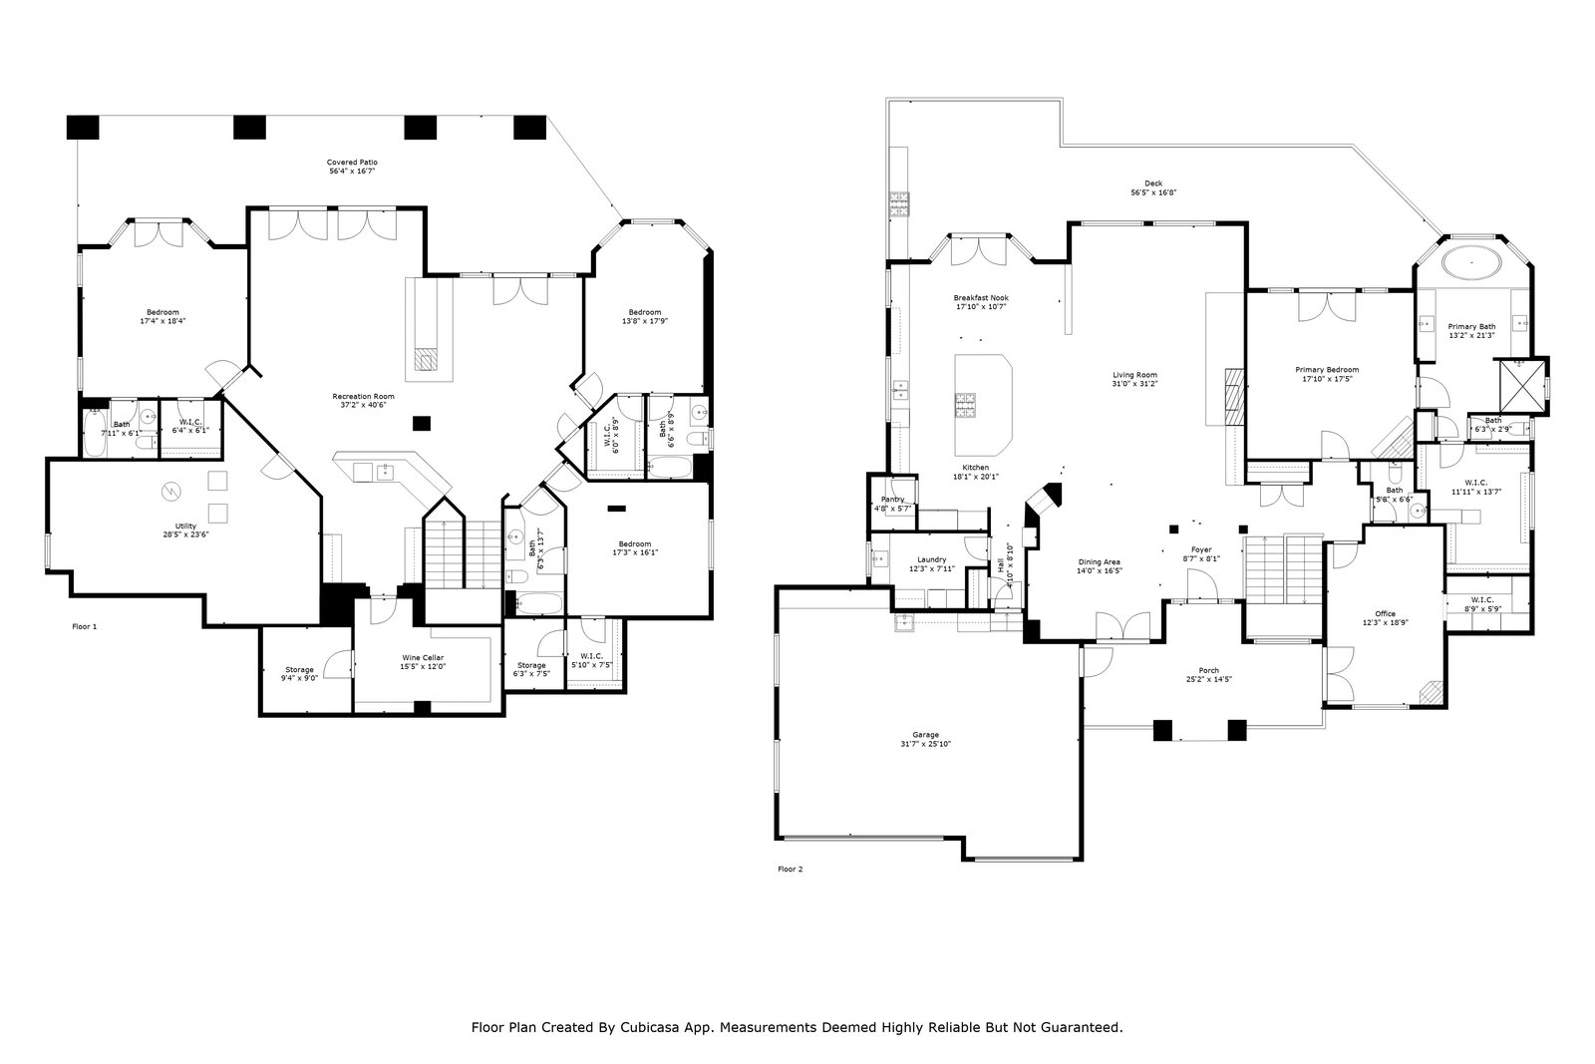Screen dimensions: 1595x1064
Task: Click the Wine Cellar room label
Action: point(424,657)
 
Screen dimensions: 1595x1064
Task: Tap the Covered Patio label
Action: point(353,162)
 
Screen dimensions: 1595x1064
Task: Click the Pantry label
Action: point(892,499)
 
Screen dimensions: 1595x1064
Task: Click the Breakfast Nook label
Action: point(980,298)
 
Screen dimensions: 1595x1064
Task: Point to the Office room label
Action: point(1385,613)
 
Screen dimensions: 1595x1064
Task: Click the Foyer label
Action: point(1201,549)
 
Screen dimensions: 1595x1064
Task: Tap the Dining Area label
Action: point(1099,561)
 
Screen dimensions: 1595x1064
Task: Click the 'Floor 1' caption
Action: point(86,627)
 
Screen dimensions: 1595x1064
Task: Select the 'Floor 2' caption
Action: point(790,870)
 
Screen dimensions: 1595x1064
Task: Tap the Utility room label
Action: point(186,526)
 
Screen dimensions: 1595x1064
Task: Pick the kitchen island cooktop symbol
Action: point(966,405)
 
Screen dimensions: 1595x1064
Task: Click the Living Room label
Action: point(1134,374)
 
